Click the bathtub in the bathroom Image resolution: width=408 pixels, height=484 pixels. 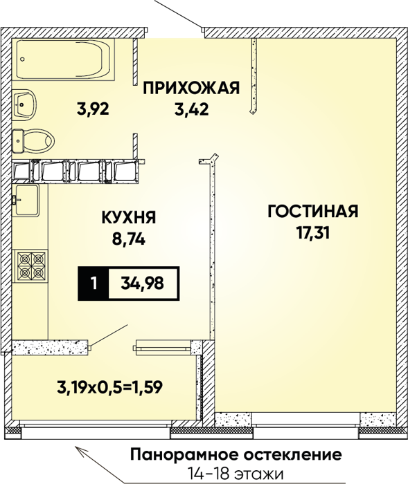[64, 59]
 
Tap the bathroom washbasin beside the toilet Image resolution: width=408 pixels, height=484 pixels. [24, 105]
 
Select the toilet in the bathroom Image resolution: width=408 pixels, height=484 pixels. [33, 141]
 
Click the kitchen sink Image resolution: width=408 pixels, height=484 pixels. [26, 200]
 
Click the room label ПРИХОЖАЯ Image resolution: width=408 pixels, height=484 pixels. [191, 89]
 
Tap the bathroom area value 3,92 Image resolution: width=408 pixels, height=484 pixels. [93, 109]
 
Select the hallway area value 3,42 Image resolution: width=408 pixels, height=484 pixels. [191, 109]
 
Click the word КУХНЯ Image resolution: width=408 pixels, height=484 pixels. [129, 218]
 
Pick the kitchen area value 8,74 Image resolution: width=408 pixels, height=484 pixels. [129, 239]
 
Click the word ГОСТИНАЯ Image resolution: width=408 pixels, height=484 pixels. [312, 212]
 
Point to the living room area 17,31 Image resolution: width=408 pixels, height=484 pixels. [312, 233]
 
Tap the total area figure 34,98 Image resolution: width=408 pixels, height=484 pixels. [142, 283]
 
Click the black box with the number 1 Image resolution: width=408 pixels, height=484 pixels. [94, 283]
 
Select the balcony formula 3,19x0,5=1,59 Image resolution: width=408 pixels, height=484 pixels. [110, 388]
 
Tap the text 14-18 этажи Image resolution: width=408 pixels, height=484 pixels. [236, 474]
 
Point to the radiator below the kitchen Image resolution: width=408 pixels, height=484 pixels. [162, 346]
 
